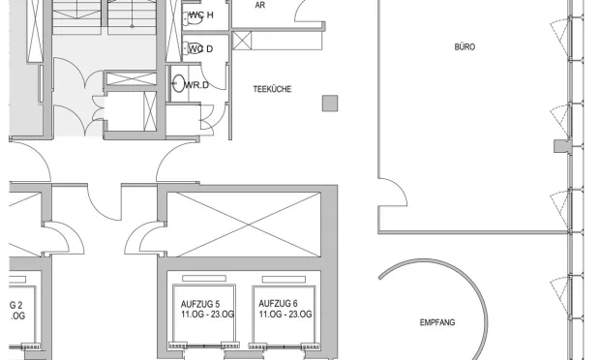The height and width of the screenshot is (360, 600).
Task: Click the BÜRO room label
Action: [x=465, y=46]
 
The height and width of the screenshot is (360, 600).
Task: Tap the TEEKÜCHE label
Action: [x=272, y=89]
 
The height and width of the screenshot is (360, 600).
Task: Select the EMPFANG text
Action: [x=437, y=322]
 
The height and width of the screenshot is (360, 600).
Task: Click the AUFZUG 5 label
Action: [x=200, y=305]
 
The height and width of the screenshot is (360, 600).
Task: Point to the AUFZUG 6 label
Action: [x=278, y=304]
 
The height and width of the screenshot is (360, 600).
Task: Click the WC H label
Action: [x=201, y=15]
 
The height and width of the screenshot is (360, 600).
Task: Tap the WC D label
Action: [x=201, y=49]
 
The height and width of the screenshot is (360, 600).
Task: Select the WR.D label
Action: [x=196, y=85]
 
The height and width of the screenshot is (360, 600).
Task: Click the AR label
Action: [x=259, y=6]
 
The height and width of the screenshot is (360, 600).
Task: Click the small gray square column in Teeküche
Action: [x=330, y=104]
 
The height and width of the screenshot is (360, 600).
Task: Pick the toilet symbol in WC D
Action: [x=194, y=49]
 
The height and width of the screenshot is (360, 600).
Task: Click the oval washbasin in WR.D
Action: [x=178, y=83]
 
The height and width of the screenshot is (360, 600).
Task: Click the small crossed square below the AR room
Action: [x=242, y=41]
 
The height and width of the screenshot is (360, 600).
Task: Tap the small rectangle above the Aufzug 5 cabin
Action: [x=204, y=279]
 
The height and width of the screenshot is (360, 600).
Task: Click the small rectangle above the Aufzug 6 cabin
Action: [x=284, y=280]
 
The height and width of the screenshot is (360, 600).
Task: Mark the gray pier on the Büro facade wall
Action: [x=562, y=146]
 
